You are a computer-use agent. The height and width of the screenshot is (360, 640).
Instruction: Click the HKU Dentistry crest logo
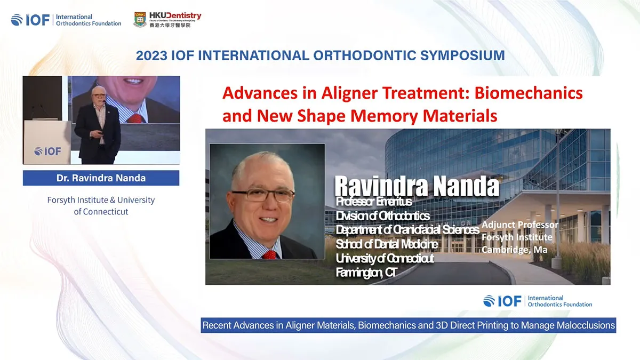(140, 20)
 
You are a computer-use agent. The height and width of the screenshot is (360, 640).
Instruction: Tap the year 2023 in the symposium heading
(151, 55)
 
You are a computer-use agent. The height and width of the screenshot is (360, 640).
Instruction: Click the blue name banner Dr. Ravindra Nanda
(101, 178)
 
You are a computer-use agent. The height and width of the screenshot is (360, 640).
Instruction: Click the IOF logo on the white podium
(47, 151)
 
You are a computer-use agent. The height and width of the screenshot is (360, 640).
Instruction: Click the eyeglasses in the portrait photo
(263, 195)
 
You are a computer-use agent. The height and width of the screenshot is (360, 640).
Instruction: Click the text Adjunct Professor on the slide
(519, 225)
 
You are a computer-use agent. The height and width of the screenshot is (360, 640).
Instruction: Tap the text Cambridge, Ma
(514, 249)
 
